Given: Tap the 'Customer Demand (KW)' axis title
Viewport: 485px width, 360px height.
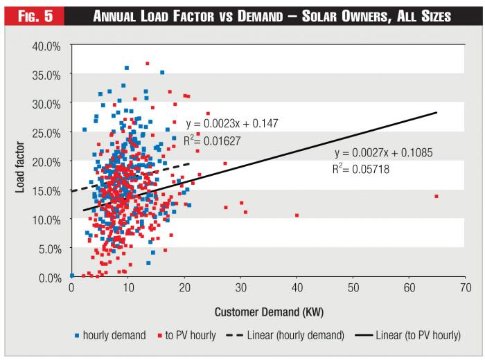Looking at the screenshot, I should tap(267, 311).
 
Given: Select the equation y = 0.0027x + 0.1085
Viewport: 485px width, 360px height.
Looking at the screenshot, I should tap(383, 152).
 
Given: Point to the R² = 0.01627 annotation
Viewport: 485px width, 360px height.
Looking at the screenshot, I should tap(213, 140).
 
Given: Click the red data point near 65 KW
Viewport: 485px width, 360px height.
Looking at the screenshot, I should tap(436, 197).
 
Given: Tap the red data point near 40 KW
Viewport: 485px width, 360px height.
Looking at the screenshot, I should tap(297, 215).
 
